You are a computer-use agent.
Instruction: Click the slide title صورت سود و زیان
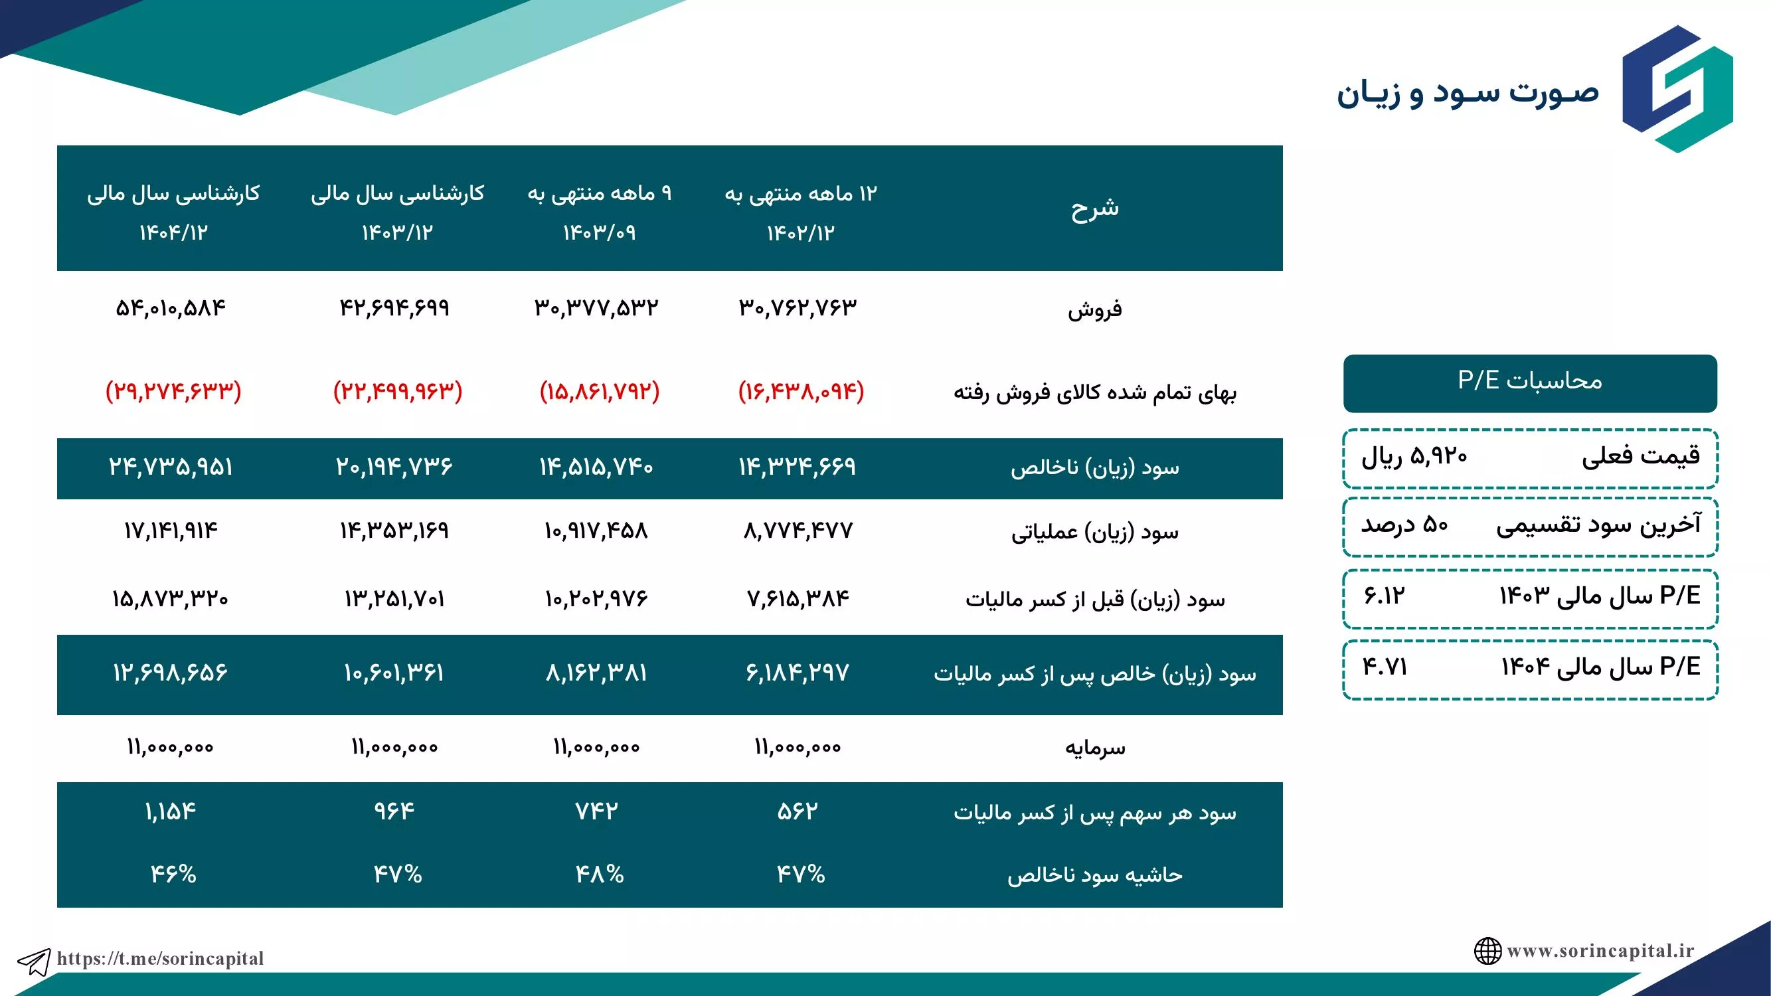[x=1468, y=93]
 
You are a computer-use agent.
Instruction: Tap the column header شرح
[x=1094, y=208]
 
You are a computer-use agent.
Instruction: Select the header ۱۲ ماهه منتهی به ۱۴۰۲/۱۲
[x=801, y=212]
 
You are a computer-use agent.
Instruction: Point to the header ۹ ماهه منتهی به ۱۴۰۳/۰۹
[x=600, y=212]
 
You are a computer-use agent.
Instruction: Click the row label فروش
[x=1094, y=309]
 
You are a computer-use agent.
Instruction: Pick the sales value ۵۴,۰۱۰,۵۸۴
[x=171, y=307]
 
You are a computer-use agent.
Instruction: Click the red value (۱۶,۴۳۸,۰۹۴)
[x=801, y=391]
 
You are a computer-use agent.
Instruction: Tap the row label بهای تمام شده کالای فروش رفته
[x=1094, y=392]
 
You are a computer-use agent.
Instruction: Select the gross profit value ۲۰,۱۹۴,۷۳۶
[x=394, y=467]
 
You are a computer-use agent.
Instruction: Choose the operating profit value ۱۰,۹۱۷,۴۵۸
[x=596, y=530]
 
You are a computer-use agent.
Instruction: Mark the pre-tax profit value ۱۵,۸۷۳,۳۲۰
[x=170, y=598]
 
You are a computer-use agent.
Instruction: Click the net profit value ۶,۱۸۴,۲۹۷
[x=798, y=671]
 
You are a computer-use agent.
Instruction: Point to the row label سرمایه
[x=1094, y=747]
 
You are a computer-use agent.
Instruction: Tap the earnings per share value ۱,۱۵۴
[x=171, y=812]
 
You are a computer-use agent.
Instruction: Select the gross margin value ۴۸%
[x=600, y=874]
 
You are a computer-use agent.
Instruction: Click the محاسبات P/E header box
[x=1530, y=383]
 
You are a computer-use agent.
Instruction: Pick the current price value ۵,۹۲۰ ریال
[x=1414, y=456]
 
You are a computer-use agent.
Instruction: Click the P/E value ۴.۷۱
[x=1385, y=667]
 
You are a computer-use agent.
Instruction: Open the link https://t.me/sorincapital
[x=160, y=958]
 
